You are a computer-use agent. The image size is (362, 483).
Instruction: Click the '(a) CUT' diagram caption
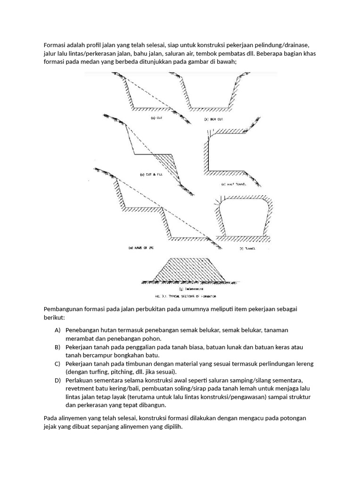156,118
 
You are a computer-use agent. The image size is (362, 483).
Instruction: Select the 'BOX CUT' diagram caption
214,119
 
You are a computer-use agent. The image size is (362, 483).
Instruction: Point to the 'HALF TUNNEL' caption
233,184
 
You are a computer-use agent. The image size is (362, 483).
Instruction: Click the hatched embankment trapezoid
188,269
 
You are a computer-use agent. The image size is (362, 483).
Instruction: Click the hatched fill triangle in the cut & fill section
167,160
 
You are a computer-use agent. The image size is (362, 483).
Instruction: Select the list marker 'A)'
58,330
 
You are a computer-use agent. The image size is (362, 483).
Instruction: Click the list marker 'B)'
58,347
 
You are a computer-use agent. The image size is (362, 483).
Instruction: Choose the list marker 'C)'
58,364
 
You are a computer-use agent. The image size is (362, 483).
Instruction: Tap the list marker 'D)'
58,380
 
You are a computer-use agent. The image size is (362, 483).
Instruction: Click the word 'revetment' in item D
81,389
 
